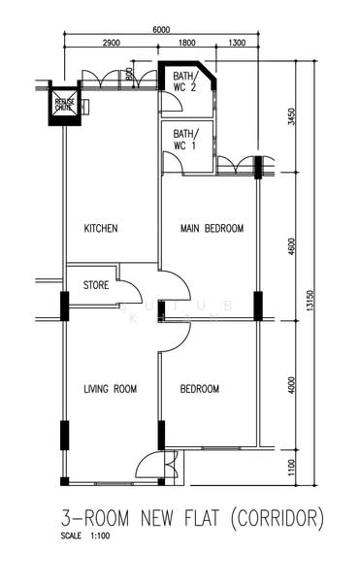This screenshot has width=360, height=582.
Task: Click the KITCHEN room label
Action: click(101, 229)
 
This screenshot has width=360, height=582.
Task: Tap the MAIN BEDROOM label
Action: click(212, 229)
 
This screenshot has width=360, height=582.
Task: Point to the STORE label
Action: click(95, 285)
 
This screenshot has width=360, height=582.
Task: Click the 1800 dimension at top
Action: click(187, 45)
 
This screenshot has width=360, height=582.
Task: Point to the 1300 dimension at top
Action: click(235, 45)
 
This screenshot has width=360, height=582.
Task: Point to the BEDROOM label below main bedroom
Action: click(200, 389)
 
